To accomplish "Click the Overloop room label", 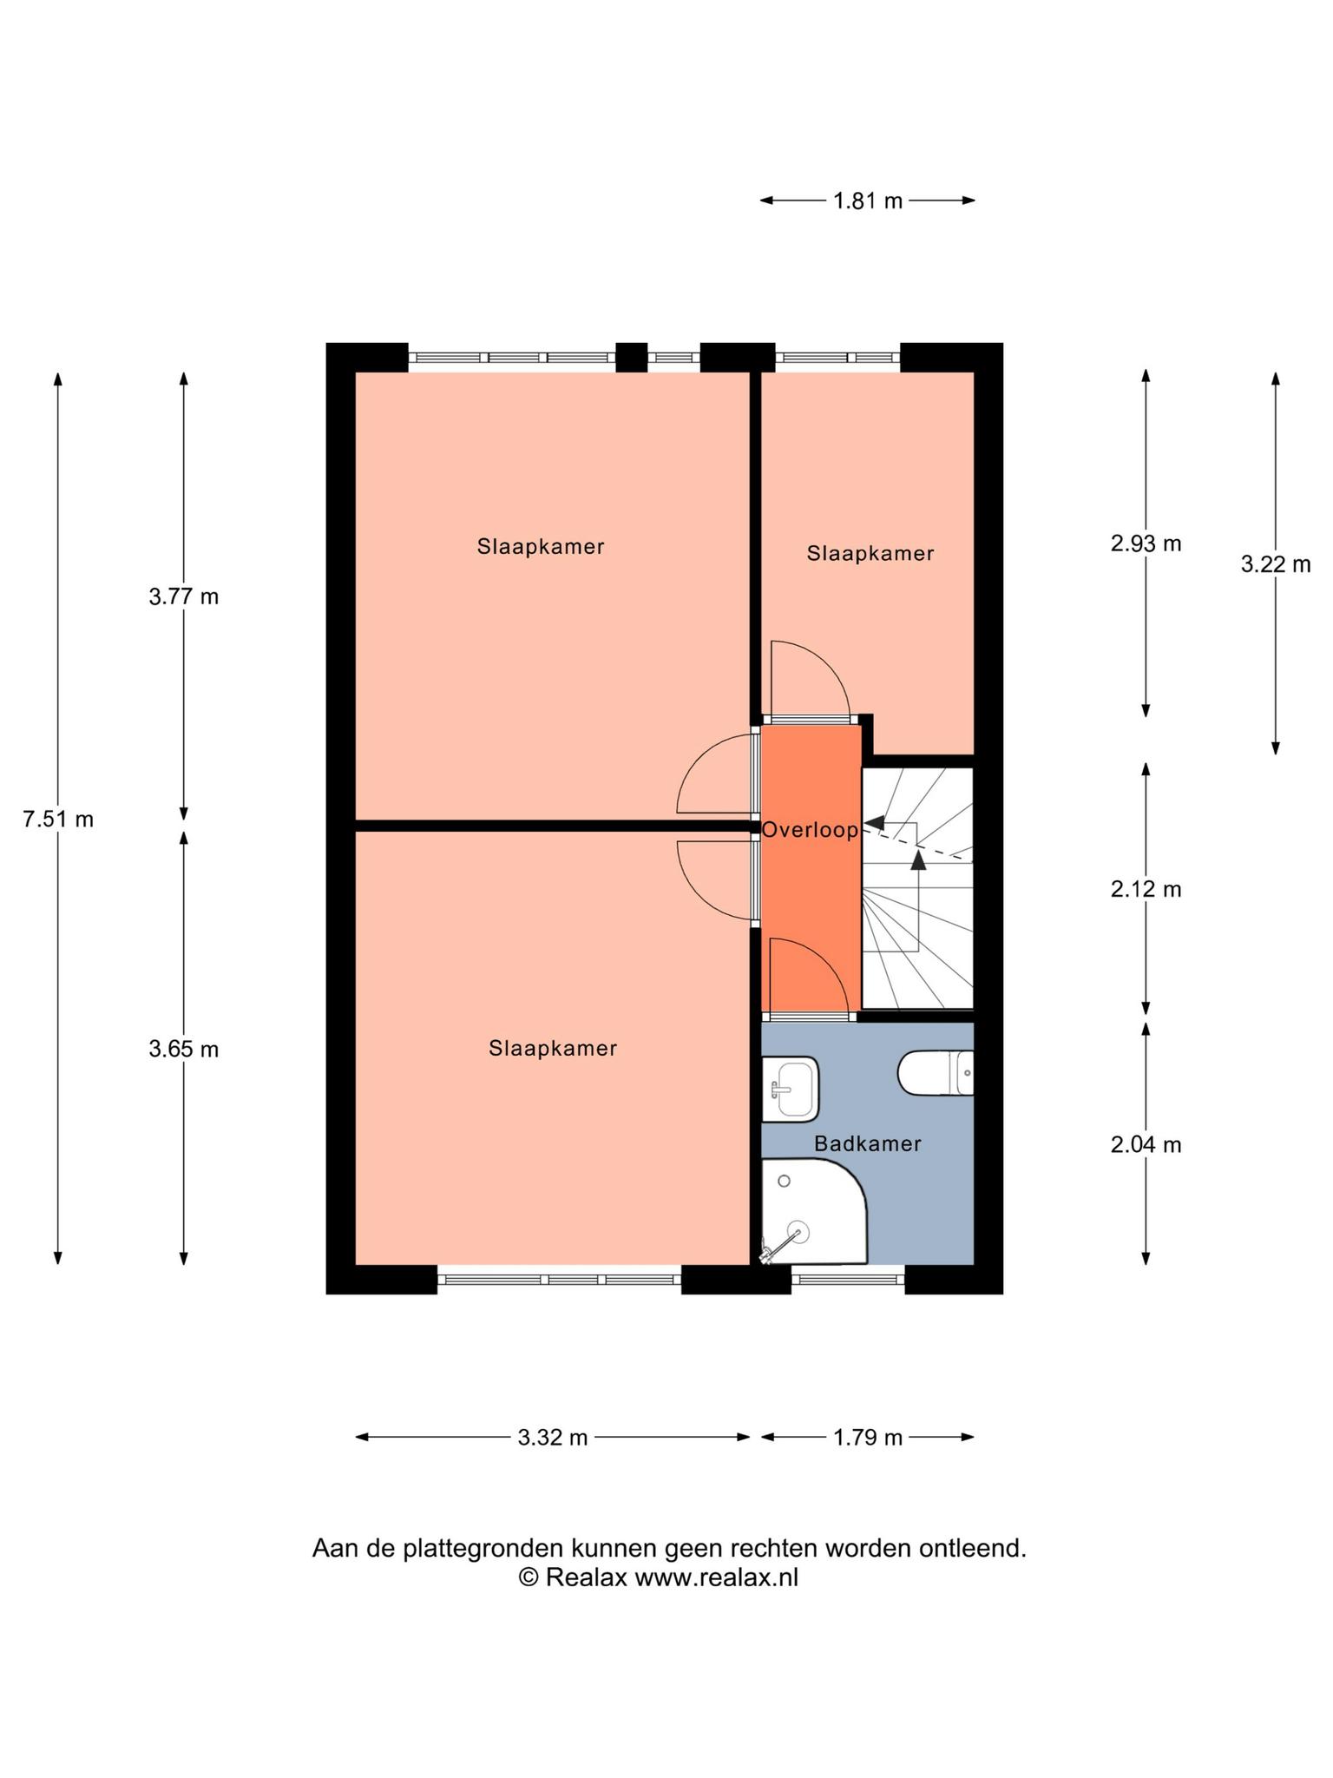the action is (x=810, y=830).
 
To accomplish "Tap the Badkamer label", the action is (x=867, y=1143).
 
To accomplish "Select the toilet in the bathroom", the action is (x=936, y=1072).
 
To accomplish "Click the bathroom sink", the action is (x=791, y=1089).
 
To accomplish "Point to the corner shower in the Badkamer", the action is (x=814, y=1212).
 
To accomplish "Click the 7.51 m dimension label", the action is (x=58, y=819).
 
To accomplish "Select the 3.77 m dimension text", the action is (x=184, y=596).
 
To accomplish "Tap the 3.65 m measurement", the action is (x=184, y=1049).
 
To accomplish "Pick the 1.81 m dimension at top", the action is (x=868, y=201).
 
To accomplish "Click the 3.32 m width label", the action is (x=553, y=1438).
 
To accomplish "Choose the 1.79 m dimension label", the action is (x=868, y=1438).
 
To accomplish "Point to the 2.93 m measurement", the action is (x=1146, y=543).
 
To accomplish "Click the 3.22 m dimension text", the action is (x=1275, y=564).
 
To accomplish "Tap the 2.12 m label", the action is (x=1146, y=889).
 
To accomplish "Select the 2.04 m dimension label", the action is (x=1146, y=1144).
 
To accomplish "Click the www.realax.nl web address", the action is (x=716, y=1577).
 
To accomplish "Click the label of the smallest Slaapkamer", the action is (x=870, y=553).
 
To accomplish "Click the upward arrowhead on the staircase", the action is (x=918, y=859).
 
